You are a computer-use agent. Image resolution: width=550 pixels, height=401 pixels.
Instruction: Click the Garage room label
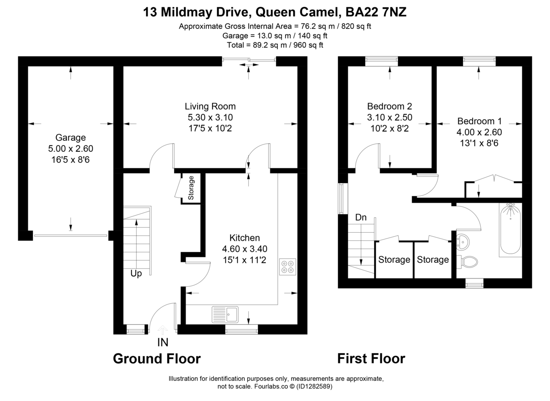pyautogui.click(x=71, y=137)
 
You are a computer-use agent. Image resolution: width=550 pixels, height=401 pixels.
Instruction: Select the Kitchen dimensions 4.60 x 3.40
pyautogui.click(x=244, y=249)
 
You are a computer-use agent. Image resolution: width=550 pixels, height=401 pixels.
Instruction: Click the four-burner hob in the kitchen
pyautogui.click(x=288, y=267)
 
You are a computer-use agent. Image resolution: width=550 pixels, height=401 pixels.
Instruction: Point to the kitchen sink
pyautogui.click(x=225, y=315)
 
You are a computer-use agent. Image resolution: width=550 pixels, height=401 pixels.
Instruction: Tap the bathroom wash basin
pyautogui.click(x=463, y=241)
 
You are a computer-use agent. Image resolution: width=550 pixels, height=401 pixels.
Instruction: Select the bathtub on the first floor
pyautogui.click(x=510, y=229)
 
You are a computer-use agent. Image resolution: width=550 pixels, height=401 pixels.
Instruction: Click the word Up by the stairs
pyautogui.click(x=136, y=274)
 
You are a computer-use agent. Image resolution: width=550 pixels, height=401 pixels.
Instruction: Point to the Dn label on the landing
pyautogui.click(x=361, y=217)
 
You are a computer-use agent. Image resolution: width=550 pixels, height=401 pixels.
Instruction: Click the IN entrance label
pyautogui.click(x=163, y=342)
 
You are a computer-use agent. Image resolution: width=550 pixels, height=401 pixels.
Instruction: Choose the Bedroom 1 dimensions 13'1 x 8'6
pyautogui.click(x=479, y=143)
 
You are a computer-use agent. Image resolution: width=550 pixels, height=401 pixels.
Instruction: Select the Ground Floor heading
pyautogui.click(x=157, y=358)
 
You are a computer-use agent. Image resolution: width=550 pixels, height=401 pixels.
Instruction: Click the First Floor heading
pyautogui.click(x=371, y=358)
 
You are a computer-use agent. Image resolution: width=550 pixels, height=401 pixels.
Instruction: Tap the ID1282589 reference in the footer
pyautogui.click(x=315, y=387)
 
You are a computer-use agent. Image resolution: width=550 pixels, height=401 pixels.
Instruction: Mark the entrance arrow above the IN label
pyautogui.click(x=163, y=329)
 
